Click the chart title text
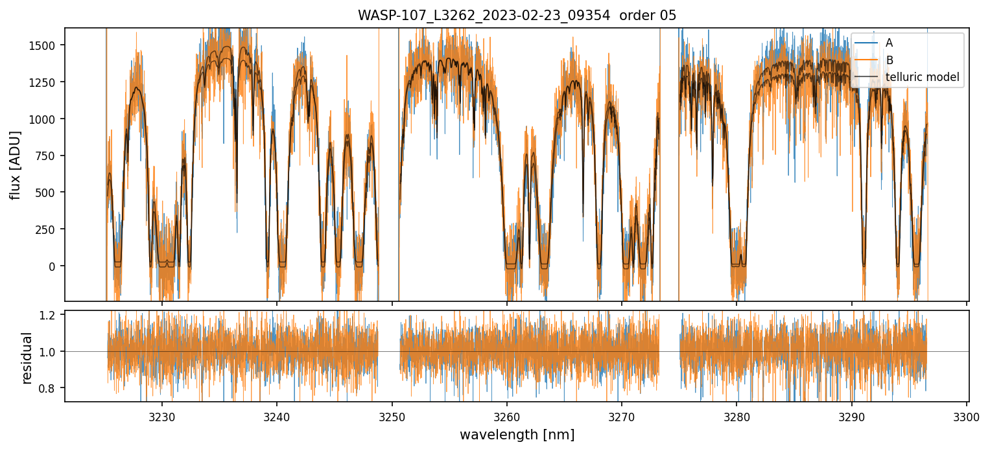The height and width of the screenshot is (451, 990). click(517, 16)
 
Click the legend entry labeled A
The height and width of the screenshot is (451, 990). click(889, 43)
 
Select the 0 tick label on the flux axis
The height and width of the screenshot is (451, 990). click(57, 266)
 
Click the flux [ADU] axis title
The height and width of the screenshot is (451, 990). click(15, 165)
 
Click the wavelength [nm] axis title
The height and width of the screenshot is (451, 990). click(517, 435)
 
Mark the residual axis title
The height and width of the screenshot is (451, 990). click(27, 357)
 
